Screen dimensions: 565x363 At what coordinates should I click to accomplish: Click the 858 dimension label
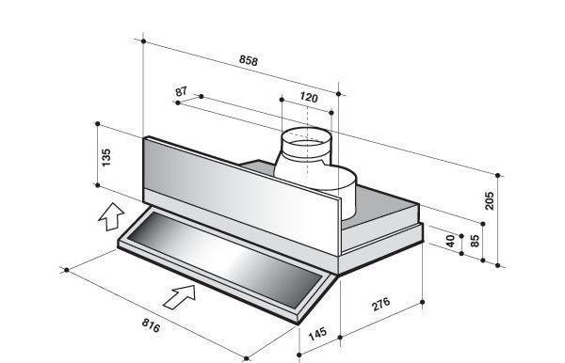(249, 60)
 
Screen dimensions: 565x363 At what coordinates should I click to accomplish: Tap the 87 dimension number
(181, 91)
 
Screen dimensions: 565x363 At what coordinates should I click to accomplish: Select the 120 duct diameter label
(309, 97)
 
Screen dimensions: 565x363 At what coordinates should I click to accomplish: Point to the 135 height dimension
(106, 157)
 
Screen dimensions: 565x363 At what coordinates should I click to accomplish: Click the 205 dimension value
(490, 200)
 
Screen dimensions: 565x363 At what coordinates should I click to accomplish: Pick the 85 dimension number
(476, 241)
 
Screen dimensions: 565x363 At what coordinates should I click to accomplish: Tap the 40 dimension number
(450, 241)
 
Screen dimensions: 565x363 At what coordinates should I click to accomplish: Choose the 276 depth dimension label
(380, 304)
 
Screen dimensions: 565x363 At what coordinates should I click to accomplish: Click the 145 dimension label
(317, 334)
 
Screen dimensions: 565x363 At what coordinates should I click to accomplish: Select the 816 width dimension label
(151, 325)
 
